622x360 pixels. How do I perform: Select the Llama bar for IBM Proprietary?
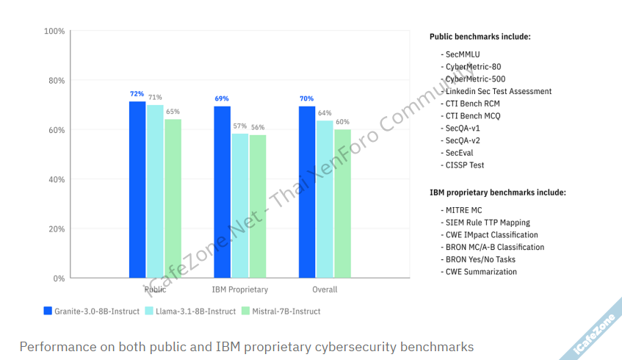[240, 206]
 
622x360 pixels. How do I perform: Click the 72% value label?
[137, 94]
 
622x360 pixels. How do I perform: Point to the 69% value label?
[222, 98]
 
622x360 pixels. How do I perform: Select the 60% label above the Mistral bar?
[342, 122]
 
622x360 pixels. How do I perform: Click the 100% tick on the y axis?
[54, 32]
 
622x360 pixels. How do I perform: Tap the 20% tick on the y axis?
[57, 229]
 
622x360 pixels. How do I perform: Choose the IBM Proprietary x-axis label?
[240, 289]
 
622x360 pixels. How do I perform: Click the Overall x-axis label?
[325, 289]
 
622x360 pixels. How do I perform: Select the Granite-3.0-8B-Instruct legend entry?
[92, 312]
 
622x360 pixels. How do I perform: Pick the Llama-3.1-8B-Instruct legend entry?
[191, 312]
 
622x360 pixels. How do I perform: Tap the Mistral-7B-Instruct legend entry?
[281, 312]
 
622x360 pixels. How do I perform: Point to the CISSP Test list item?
[465, 165]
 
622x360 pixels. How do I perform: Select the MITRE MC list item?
[464, 210]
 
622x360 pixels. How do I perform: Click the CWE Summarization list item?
[481, 272]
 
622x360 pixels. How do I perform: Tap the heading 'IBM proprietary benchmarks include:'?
[497, 192]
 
